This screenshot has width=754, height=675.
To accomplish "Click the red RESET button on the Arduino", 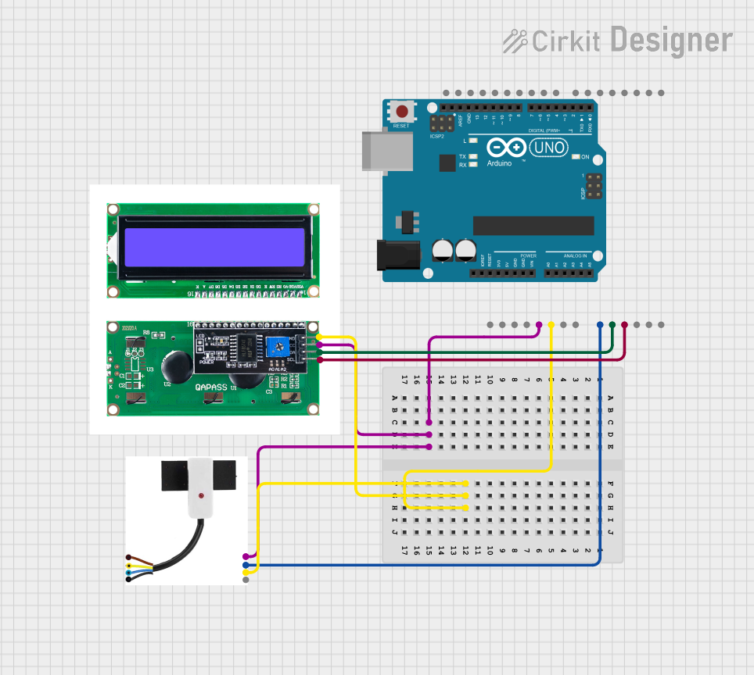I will (402, 111).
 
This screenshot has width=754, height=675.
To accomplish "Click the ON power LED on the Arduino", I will (577, 157).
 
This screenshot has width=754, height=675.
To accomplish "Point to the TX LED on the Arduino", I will (473, 156).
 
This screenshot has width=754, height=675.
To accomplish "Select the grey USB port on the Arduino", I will (387, 150).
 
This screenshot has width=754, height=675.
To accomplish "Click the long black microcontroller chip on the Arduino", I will (533, 225).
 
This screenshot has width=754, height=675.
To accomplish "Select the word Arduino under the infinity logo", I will (499, 163).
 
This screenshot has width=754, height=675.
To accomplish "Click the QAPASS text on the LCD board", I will (212, 386).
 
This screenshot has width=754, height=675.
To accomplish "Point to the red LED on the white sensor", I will (202, 495).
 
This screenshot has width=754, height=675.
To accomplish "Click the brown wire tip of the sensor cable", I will (129, 556).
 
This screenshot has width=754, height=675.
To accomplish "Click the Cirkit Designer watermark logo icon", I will (515, 41).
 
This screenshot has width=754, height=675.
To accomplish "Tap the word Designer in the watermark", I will (671, 40).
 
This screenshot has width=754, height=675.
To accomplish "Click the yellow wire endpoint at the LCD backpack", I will (319, 337).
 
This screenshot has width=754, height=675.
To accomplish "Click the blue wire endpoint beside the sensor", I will (246, 564).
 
